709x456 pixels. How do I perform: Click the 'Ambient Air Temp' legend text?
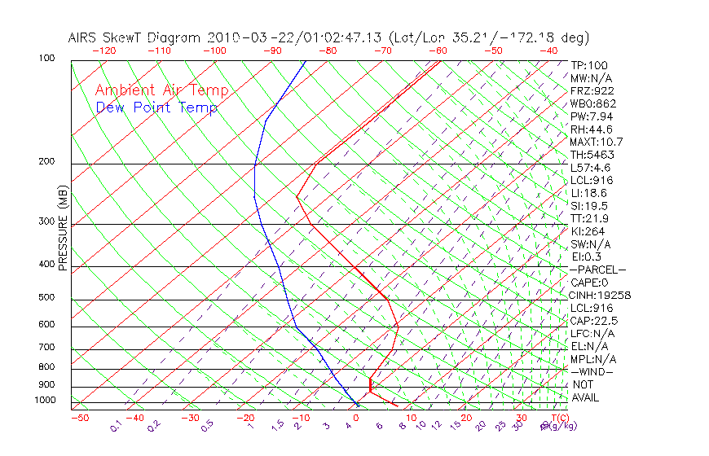[x=161, y=90]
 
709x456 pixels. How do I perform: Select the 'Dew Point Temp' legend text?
[x=156, y=108]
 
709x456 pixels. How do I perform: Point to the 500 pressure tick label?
[x=46, y=297]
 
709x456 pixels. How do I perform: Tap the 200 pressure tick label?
[x=46, y=161]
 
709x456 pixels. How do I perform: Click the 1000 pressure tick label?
[x=44, y=400]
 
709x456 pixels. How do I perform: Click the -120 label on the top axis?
[x=104, y=50]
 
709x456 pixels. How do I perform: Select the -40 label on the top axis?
[x=549, y=50]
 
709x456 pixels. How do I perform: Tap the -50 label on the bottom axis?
[x=79, y=418]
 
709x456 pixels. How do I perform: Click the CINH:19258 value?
[x=601, y=295]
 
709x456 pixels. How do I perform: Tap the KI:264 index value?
[x=588, y=231]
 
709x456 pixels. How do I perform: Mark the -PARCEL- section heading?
[x=597, y=270]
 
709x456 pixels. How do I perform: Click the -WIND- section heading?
[x=592, y=371]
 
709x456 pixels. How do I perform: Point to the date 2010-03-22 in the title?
[x=243, y=37]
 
